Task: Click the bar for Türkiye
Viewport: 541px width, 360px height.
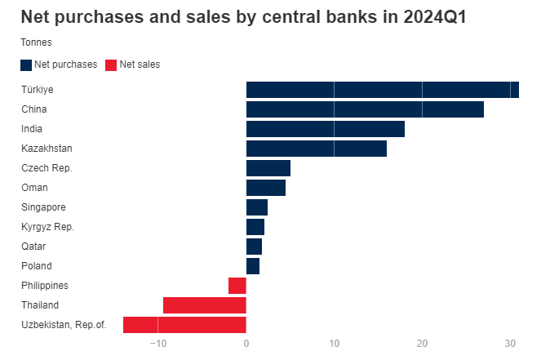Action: [x=382, y=90]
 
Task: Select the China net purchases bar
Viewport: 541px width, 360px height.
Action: [x=365, y=109]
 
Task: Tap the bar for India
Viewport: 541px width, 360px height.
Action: [x=325, y=129]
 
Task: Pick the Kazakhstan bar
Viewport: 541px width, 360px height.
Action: [x=316, y=149]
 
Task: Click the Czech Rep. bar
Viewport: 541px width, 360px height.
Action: [x=268, y=168]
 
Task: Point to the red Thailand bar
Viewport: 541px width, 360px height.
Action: [x=204, y=305]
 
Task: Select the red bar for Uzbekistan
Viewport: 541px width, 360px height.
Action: [x=184, y=325]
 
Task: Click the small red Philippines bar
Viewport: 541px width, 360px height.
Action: [x=237, y=286]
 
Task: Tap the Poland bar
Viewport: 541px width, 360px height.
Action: [x=252, y=266]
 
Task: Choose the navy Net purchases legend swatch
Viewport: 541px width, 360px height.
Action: [x=26, y=65]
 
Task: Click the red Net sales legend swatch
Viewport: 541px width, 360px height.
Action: [x=111, y=65]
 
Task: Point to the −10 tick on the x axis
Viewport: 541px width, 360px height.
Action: [x=157, y=344]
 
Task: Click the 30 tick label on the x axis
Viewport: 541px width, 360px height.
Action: [x=510, y=344]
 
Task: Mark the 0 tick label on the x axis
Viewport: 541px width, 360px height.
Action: [x=246, y=344]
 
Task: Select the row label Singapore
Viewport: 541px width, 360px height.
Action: [x=43, y=207]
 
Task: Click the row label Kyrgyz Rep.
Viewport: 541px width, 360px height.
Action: [x=47, y=227]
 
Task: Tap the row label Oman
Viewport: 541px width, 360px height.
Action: [x=34, y=188]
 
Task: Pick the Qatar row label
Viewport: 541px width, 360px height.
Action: [x=33, y=247]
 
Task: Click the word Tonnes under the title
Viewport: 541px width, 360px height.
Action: [x=36, y=42]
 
